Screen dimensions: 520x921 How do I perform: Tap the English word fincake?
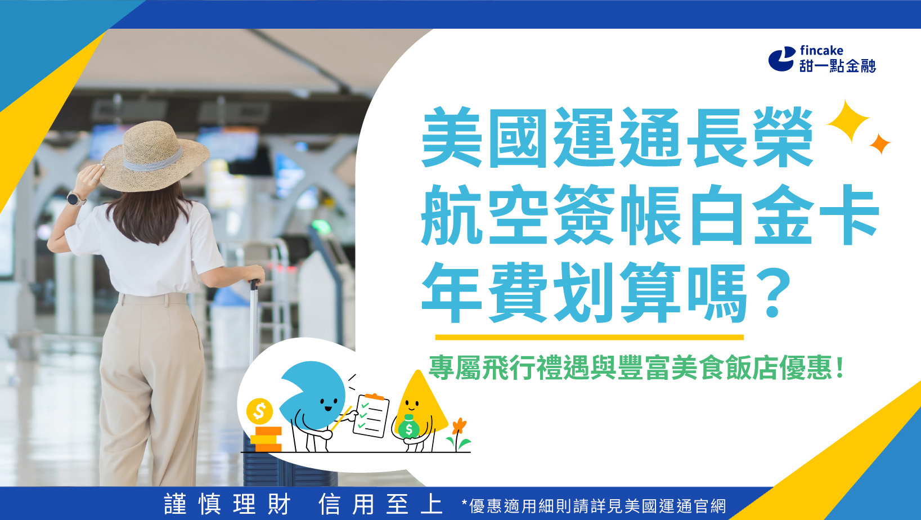[x=821, y=51]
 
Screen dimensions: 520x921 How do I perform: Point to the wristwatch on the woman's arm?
[x=74, y=198]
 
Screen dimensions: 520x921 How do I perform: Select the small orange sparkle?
[x=879, y=144]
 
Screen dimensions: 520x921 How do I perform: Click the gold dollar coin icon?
[x=259, y=411]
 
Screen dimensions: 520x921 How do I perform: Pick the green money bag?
[x=409, y=429]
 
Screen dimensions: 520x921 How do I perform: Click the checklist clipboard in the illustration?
[x=371, y=415]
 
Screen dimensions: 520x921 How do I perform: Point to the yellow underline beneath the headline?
[x=589, y=337]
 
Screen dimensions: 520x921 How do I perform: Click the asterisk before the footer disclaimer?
[x=464, y=503]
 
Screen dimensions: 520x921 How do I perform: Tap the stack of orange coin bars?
[x=266, y=440]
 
